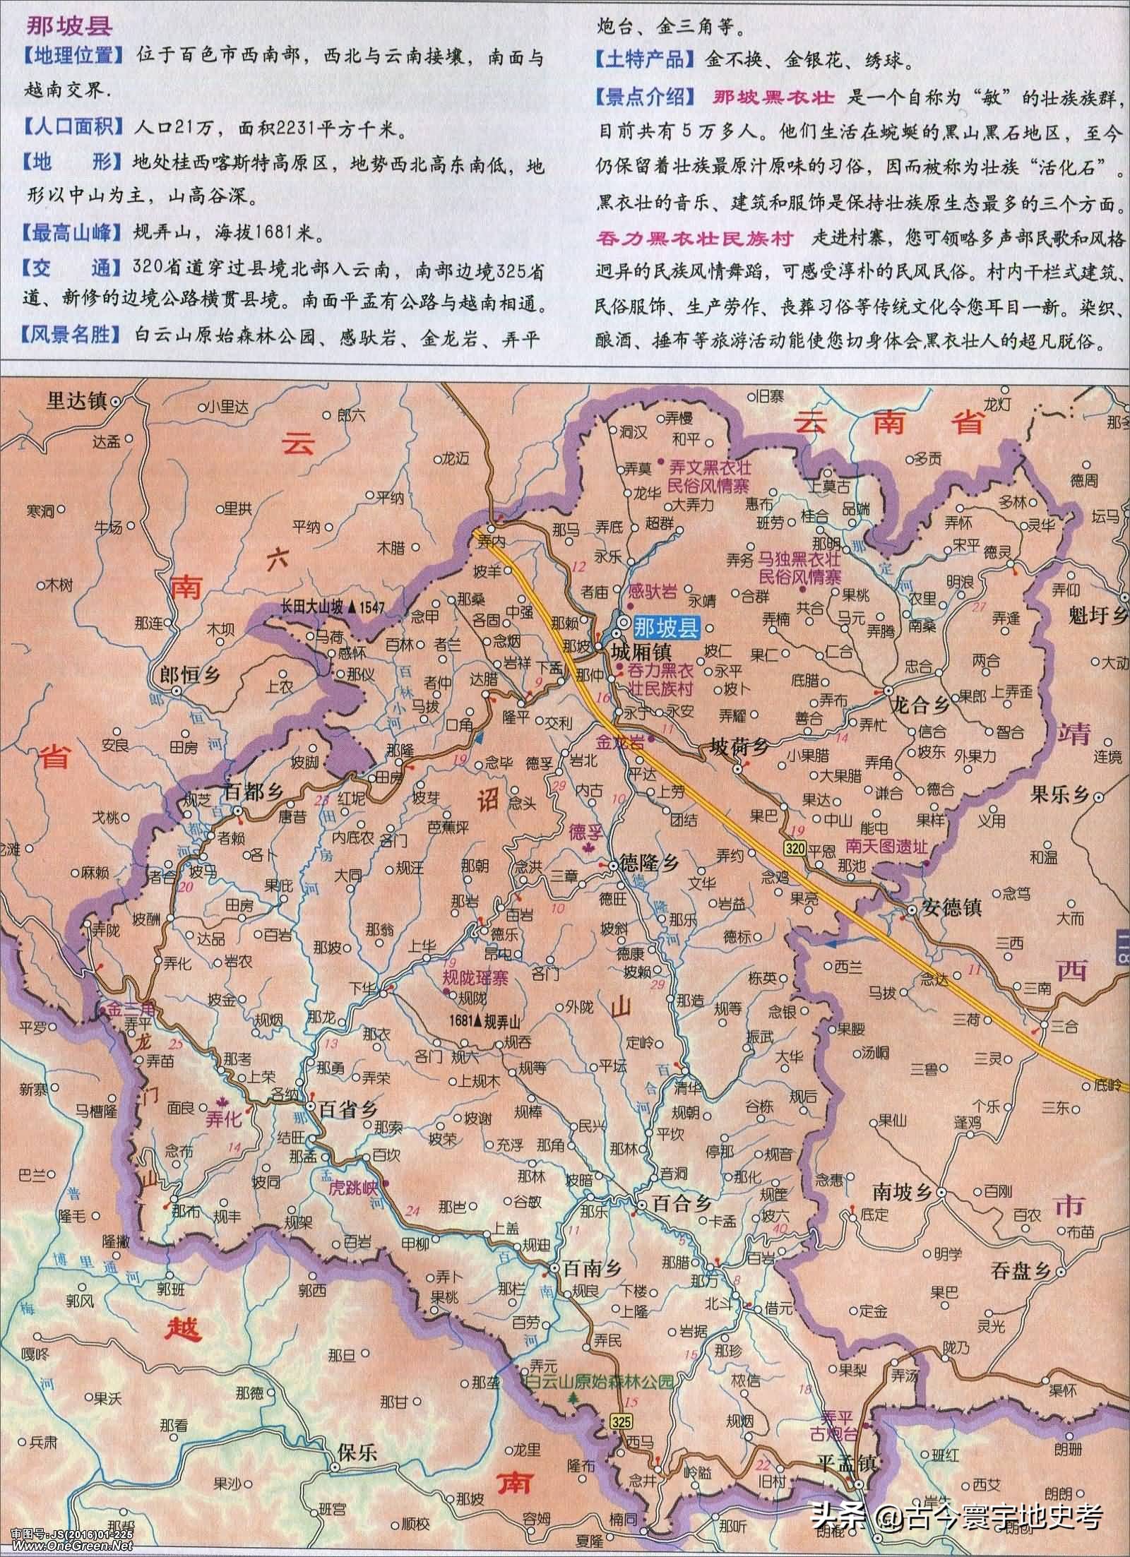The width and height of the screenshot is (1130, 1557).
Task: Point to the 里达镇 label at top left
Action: (x=76, y=400)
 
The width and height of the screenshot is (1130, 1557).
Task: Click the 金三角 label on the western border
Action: (x=124, y=1010)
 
